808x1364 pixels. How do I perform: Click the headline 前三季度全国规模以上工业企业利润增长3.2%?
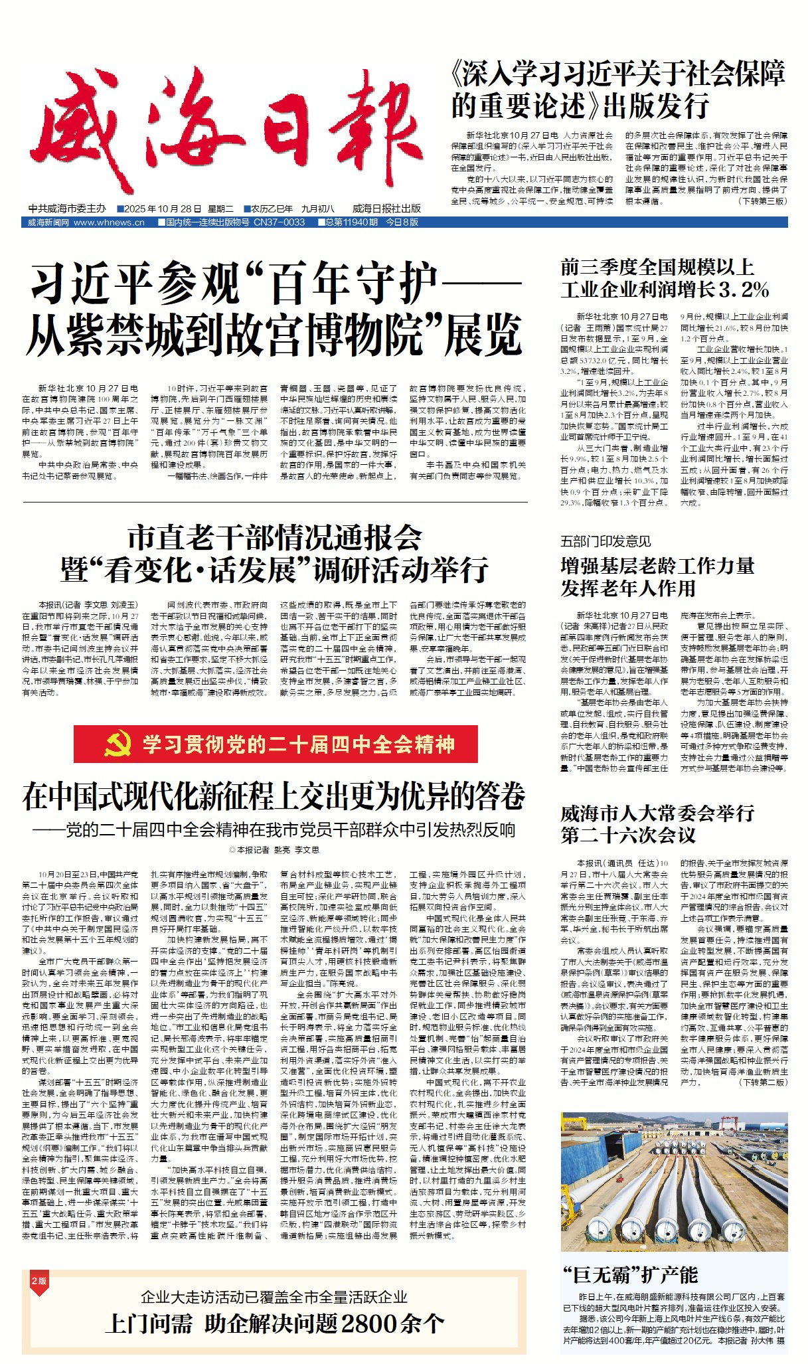(664, 278)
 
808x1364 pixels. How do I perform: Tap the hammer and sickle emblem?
(118, 744)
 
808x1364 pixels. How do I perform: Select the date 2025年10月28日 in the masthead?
(157, 209)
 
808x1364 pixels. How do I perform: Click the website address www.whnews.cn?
(109, 222)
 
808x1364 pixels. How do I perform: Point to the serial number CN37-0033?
(279, 222)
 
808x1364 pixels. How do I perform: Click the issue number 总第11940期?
(351, 222)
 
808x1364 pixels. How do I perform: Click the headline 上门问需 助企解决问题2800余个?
(274, 1323)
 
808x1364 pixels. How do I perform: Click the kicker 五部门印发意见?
(606, 541)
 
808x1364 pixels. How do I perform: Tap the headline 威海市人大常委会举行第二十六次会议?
(657, 823)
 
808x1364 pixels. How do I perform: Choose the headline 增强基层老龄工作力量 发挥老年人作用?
(657, 576)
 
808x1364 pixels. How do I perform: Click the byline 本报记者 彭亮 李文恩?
(274, 850)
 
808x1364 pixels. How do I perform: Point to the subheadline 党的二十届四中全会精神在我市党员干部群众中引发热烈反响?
(274, 830)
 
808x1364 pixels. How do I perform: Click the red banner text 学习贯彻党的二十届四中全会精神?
(299, 744)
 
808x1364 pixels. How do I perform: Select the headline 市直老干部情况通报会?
(274, 537)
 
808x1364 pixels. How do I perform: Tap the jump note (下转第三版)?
(763, 201)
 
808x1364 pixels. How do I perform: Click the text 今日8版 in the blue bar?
(402, 222)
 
